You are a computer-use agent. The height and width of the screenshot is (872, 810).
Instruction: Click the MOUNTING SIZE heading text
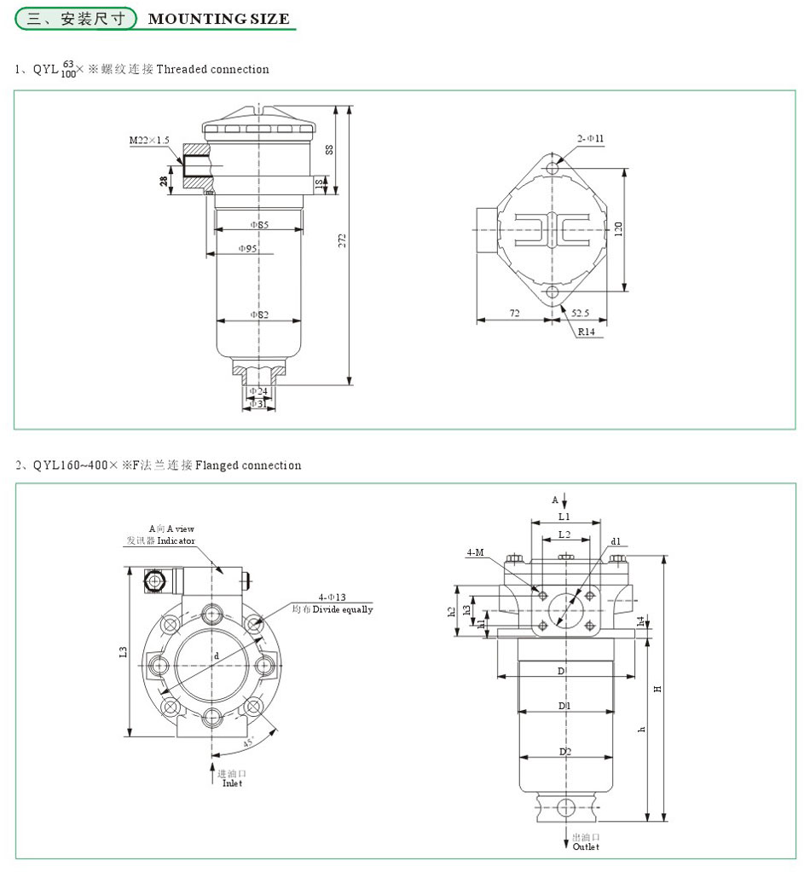pyautogui.click(x=218, y=19)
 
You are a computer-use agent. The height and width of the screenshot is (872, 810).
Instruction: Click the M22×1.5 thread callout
pyautogui.click(x=149, y=139)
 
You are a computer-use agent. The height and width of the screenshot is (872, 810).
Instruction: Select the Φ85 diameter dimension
pyautogui.click(x=259, y=225)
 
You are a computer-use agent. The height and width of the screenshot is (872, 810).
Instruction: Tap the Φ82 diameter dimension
pyautogui.click(x=259, y=315)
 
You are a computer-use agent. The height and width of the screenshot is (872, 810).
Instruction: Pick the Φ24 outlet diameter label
pyautogui.click(x=258, y=391)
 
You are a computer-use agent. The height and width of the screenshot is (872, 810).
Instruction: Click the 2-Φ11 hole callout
pyautogui.click(x=590, y=137)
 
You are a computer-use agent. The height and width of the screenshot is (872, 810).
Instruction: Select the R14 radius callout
pyautogui.click(x=587, y=332)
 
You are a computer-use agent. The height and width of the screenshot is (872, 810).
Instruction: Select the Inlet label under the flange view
pyautogui.click(x=233, y=782)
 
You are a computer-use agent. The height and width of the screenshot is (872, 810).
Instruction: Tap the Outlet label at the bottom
pyautogui.click(x=586, y=846)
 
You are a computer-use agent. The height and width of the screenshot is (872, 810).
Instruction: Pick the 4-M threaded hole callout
pyautogui.click(x=475, y=553)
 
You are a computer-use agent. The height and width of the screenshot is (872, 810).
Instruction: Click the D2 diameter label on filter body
pyautogui.click(x=564, y=751)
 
